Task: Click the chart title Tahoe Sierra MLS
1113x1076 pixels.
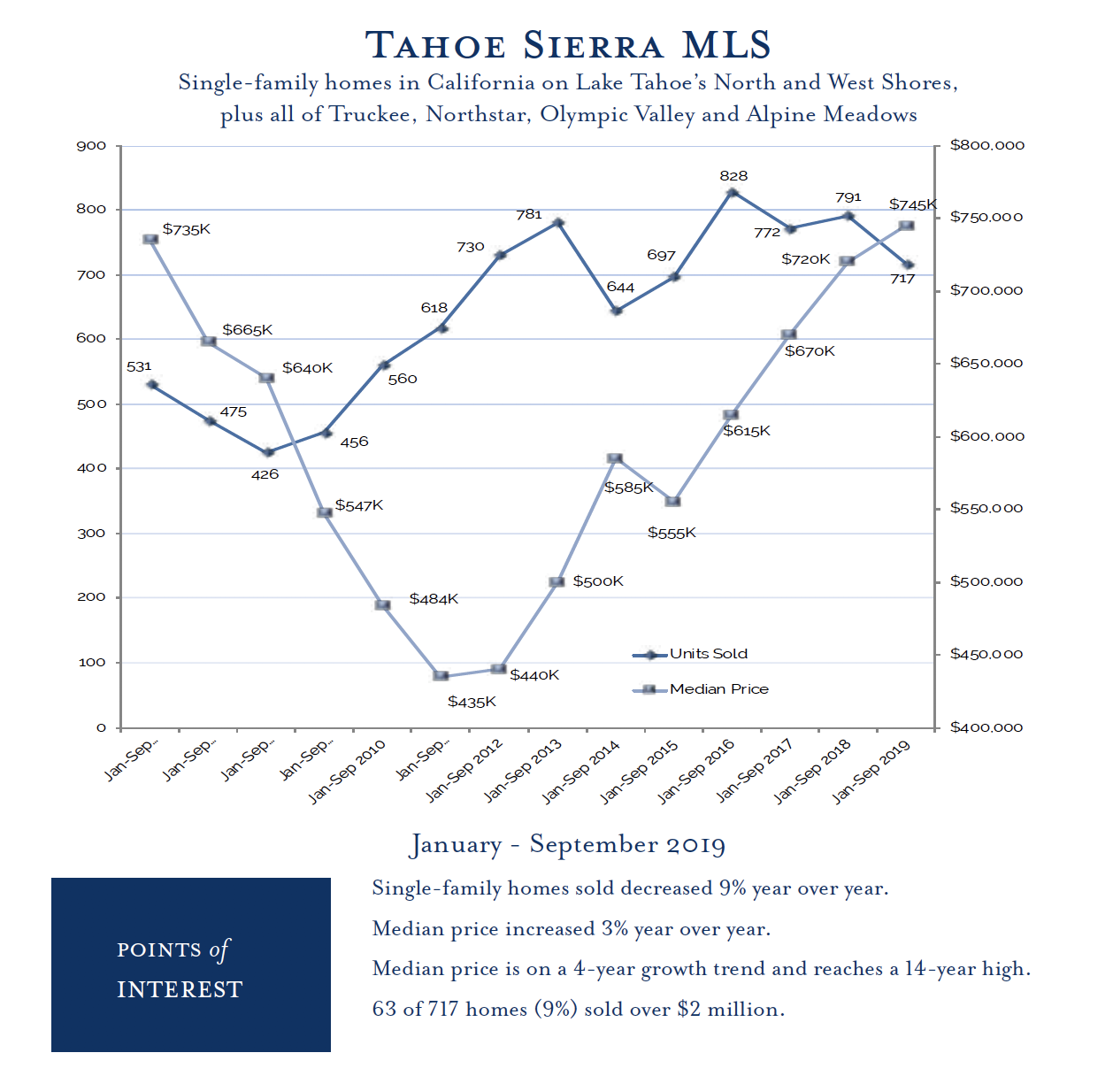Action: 567,45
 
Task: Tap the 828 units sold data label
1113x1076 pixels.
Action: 733,176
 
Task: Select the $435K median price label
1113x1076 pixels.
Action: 472,702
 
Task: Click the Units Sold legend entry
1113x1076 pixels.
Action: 708,654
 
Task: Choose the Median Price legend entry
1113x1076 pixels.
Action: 718,689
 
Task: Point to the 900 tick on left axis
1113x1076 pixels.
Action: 91,146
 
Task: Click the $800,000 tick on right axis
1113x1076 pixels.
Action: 986,145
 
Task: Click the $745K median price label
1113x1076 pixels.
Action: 912,205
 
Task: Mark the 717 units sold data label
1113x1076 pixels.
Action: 902,279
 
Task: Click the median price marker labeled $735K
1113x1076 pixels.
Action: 150,240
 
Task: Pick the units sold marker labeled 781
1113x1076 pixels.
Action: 558,223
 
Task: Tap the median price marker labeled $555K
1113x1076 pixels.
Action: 672,502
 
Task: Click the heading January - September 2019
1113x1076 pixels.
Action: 567,844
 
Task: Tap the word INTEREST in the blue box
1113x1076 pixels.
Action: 180,989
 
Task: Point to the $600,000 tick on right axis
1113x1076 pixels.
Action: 986,436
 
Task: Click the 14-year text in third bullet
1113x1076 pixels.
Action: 951,969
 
